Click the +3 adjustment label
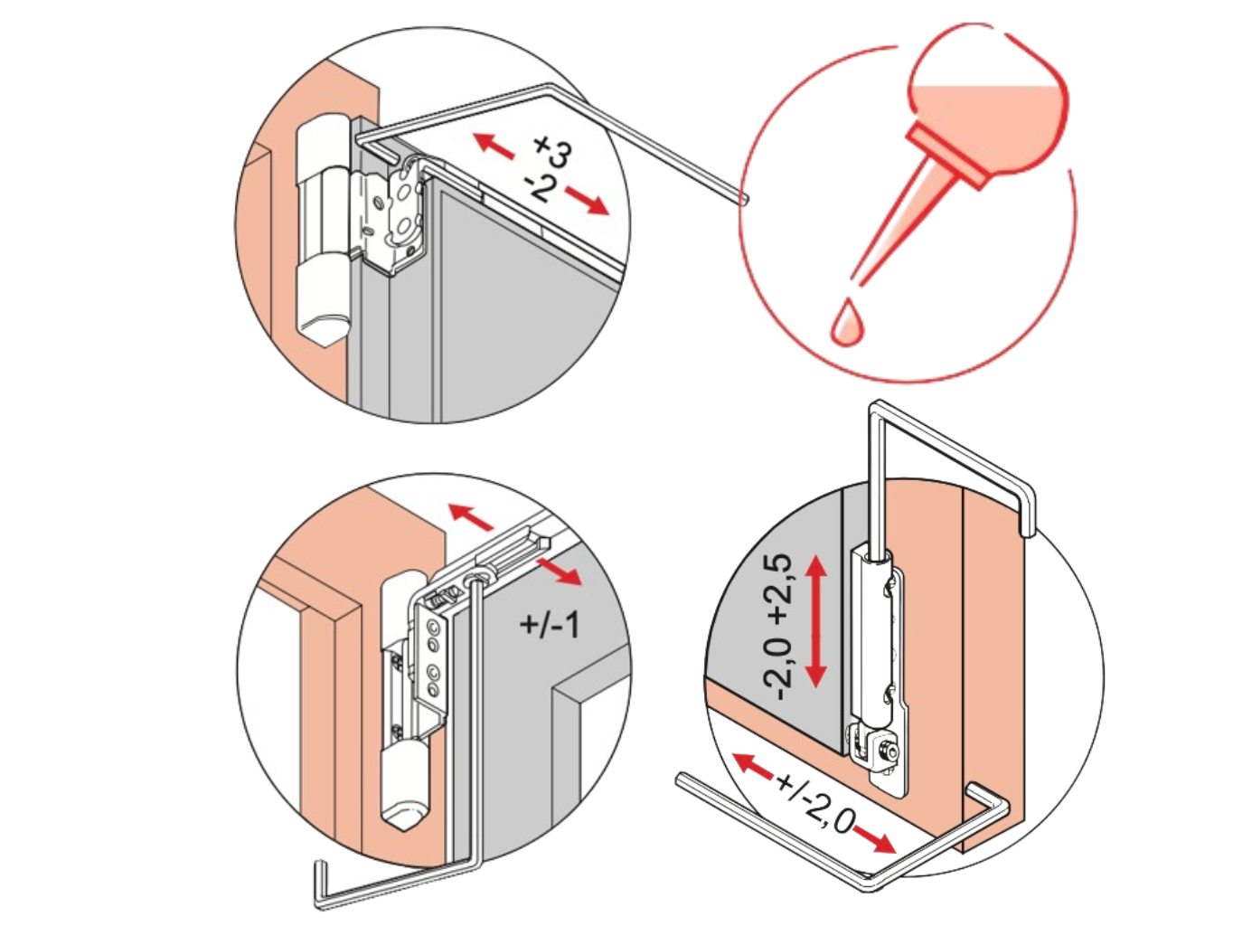pyautogui.click(x=553, y=152)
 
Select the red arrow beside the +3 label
pyautogui.click(x=494, y=145)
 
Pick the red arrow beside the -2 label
pyautogui.click(x=587, y=200)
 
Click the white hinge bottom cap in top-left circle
pyautogui.click(x=322, y=298)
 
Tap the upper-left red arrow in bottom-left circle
pyautogui.click(x=471, y=516)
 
